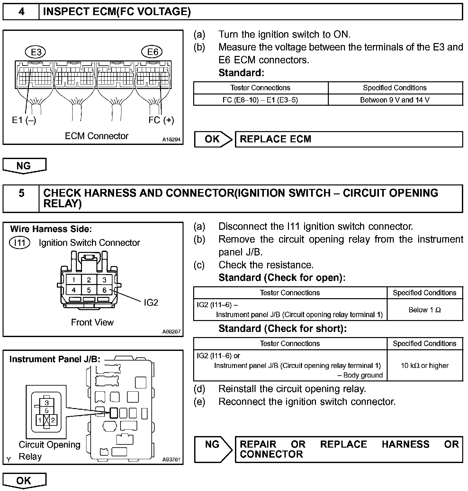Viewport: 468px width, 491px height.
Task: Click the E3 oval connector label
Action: [35, 52]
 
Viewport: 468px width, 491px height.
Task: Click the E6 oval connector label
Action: [152, 52]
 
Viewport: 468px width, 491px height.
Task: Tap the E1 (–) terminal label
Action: [24, 120]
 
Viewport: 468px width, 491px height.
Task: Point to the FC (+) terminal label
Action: [161, 120]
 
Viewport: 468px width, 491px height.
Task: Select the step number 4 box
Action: [21, 12]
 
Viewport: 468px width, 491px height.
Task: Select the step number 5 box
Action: [21, 193]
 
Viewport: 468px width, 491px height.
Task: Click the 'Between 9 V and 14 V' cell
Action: [395, 100]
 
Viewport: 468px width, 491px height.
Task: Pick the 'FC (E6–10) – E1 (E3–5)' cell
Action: [260, 100]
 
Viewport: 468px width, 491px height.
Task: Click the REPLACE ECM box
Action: [349, 139]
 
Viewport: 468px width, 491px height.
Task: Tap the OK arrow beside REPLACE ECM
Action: [212, 139]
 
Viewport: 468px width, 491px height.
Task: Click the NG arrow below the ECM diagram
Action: [24, 166]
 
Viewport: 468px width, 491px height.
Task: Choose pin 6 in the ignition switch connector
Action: [104, 290]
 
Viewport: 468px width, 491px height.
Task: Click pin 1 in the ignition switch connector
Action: [74, 280]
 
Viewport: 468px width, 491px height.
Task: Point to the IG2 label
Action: [151, 303]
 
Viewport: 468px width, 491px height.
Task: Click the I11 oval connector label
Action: [20, 242]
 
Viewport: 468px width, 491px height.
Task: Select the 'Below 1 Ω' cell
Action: [425, 310]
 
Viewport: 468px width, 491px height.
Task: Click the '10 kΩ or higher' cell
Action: [425, 365]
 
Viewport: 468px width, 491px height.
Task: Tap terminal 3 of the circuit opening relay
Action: [47, 403]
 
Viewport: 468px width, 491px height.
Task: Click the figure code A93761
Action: [171, 460]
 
